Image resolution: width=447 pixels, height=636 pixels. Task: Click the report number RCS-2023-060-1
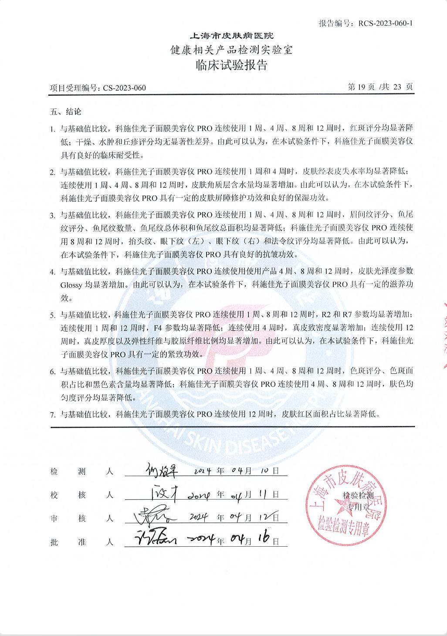coord(386,23)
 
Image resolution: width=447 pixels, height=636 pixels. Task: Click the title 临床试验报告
coord(231,66)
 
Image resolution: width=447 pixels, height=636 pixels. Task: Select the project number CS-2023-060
coord(125,88)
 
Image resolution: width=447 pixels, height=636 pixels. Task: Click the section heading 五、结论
coord(66,112)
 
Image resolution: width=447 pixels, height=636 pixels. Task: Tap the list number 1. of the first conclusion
coord(52,129)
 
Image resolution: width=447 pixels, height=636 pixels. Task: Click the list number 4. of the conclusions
coord(52,272)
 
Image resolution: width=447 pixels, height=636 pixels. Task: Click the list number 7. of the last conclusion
coord(52,415)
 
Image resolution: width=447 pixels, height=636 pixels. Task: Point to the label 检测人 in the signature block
coord(82,472)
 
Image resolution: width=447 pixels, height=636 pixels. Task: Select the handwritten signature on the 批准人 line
coord(154,540)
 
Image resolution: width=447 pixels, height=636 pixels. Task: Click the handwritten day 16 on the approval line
coord(263,538)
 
